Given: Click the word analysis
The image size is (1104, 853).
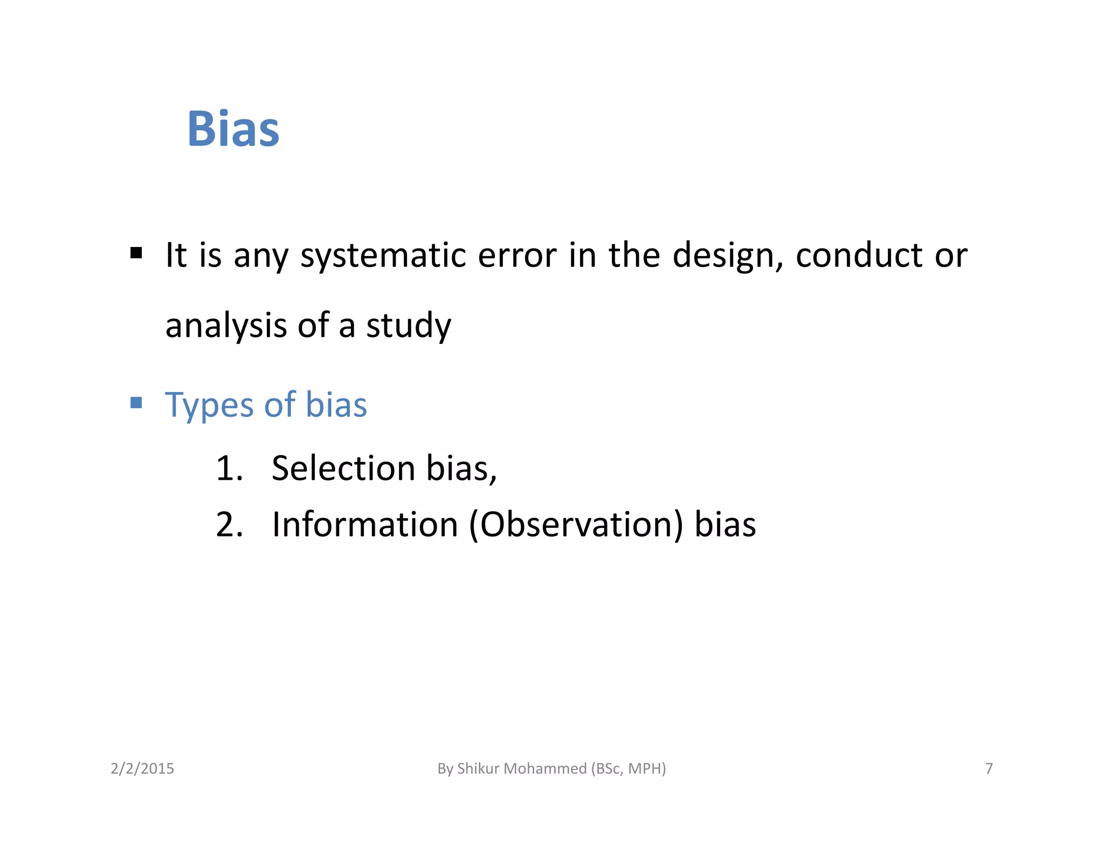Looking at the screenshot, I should [226, 326].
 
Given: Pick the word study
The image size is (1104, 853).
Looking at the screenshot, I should [409, 326].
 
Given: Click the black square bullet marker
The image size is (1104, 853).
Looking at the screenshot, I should [136, 252].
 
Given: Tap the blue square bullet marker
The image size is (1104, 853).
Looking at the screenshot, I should [136, 402].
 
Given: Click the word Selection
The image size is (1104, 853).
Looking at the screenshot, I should [343, 468].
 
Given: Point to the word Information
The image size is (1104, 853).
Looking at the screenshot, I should [365, 525].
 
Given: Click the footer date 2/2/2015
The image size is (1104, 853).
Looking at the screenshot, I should [142, 768].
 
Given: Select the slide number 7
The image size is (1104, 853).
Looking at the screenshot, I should [989, 768].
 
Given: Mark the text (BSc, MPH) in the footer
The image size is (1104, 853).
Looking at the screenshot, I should [629, 768].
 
